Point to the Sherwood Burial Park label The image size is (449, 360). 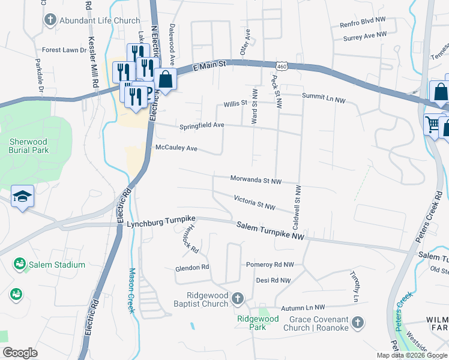(x=28, y=146)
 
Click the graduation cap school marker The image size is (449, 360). (x=22, y=196)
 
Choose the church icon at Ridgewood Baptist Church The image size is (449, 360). (x=238, y=298)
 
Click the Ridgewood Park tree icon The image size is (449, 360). (x=262, y=311)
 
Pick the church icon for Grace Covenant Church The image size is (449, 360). (x=357, y=323)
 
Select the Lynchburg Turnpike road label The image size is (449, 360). (x=159, y=224)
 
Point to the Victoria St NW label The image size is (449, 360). (x=255, y=202)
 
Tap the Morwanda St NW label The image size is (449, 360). (x=256, y=179)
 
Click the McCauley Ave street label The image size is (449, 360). (x=176, y=148)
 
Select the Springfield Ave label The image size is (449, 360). (x=202, y=126)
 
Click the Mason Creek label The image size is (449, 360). (x=131, y=290)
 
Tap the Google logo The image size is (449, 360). (x=20, y=353)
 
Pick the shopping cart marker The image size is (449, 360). (x=432, y=125)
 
